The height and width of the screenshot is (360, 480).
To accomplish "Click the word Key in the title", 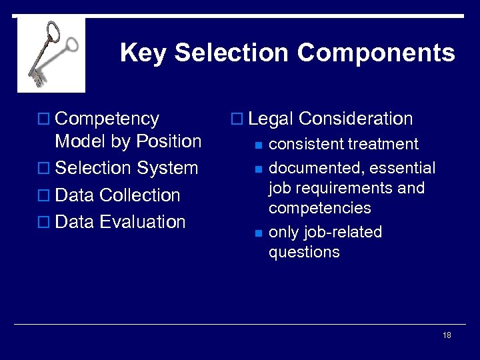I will tap(143, 53).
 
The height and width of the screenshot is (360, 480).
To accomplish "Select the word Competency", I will tap(107, 119).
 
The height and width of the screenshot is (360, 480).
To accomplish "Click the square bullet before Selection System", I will tap(45, 169).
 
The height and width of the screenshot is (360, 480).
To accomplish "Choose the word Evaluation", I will tap(142, 222).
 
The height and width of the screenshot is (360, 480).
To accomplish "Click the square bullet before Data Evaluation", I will tap(45, 223).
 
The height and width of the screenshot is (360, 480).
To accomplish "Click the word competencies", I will tap(320, 208).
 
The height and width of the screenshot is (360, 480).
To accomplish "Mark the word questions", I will tap(304, 252).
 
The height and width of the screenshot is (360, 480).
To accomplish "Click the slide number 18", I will tap(447, 335).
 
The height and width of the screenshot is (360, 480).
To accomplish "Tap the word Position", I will tap(168, 141).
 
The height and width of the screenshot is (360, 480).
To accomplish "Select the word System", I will tap(167, 169).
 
